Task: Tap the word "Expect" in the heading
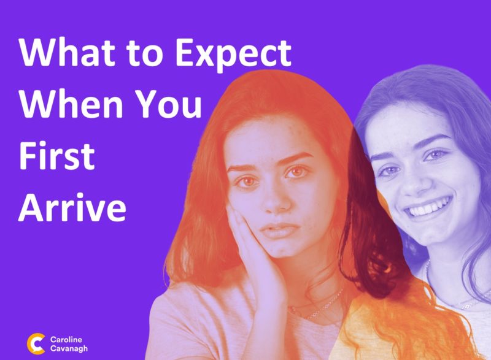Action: point(233,55)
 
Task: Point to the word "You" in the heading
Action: point(170,104)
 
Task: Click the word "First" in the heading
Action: point(56,155)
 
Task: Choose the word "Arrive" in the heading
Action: point(72,207)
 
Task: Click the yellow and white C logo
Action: point(36,343)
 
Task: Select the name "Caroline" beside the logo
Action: point(66,340)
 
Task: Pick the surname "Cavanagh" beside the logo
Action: point(69,348)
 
